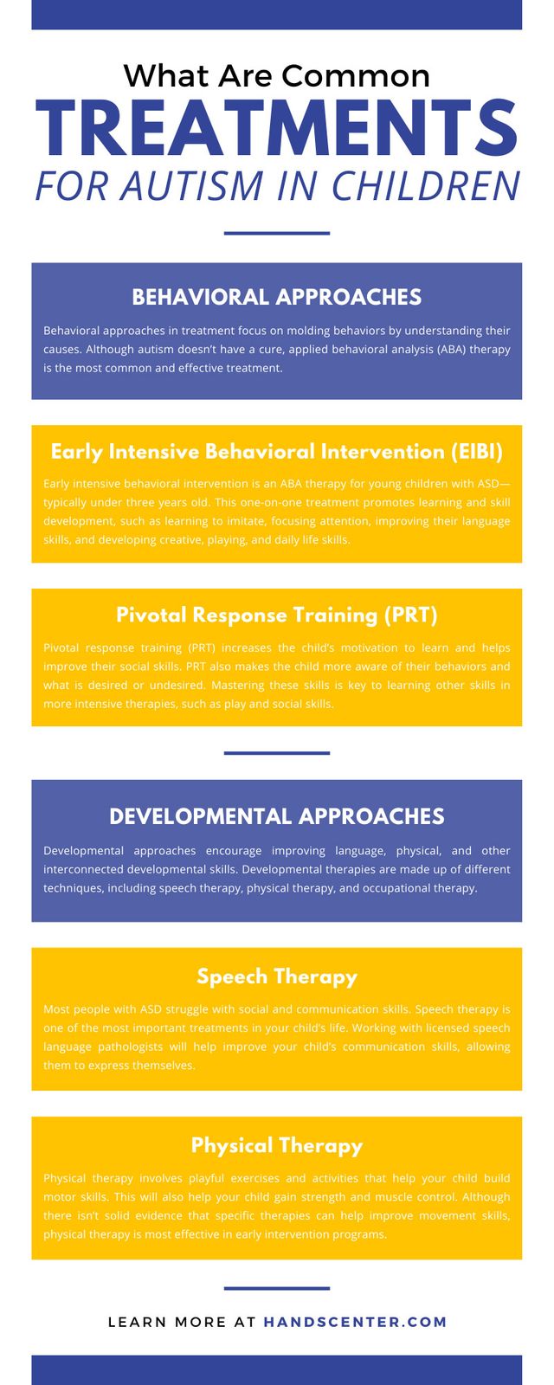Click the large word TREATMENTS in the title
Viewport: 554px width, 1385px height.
point(276,129)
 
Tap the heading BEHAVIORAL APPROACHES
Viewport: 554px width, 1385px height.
point(276,297)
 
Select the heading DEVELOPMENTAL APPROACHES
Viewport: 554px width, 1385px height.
point(276,816)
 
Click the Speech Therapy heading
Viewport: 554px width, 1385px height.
point(277,977)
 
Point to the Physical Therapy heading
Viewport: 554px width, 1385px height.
point(277,1146)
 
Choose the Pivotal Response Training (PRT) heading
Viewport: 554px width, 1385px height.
point(277,615)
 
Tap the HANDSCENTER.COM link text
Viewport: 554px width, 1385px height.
point(355,1322)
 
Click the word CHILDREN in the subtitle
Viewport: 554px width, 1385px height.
point(426,185)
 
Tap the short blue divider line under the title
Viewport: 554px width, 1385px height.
point(276,233)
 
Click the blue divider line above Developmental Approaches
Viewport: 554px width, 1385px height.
point(276,753)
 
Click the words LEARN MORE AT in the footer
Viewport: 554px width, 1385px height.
point(182,1322)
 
